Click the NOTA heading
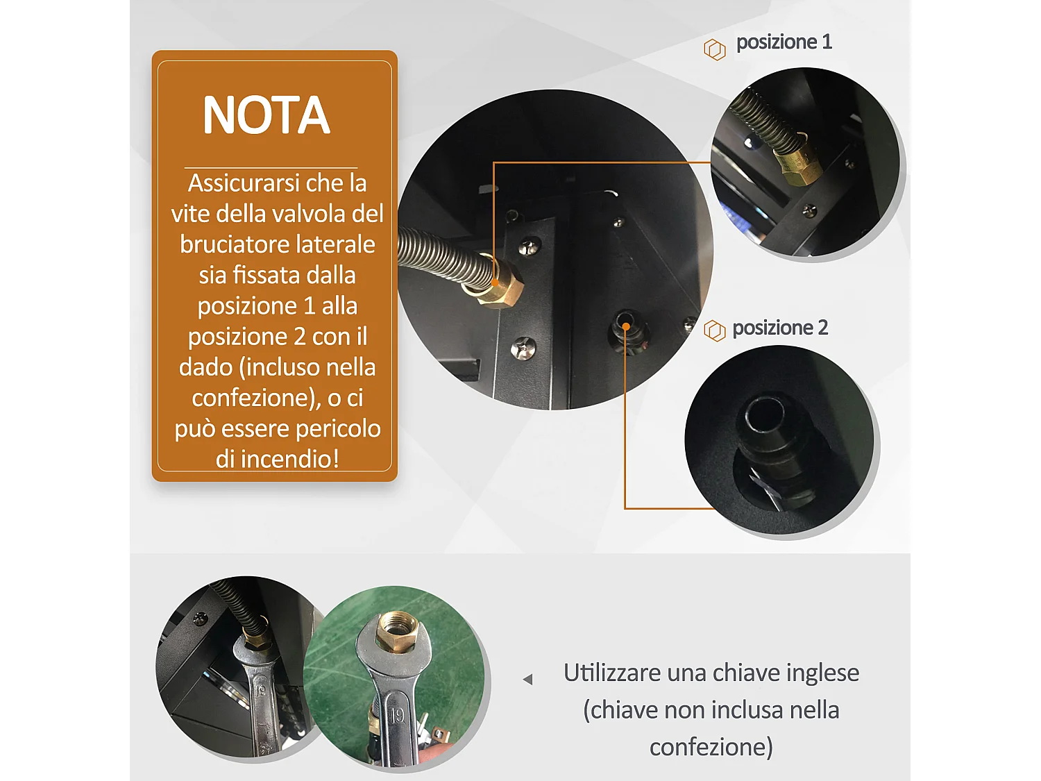266,115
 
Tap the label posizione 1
784,42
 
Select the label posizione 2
780,328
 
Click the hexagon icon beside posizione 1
714,49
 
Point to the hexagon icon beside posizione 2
714,330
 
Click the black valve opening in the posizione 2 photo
765,414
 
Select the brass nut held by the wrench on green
396,630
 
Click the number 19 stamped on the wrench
396,716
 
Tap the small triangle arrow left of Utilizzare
528,679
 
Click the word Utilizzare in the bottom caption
611,673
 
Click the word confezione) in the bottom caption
711,747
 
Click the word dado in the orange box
205,367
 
